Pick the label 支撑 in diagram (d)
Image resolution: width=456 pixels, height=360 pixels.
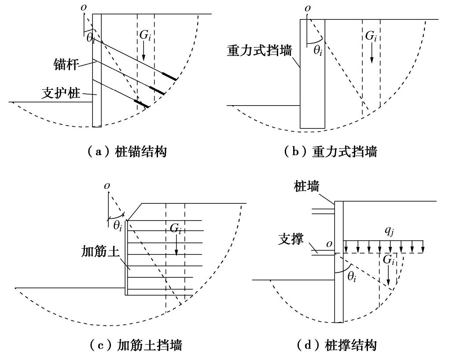pyautogui.click(x=291, y=241)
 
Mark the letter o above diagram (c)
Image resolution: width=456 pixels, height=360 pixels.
pyautogui.click(x=107, y=186)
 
